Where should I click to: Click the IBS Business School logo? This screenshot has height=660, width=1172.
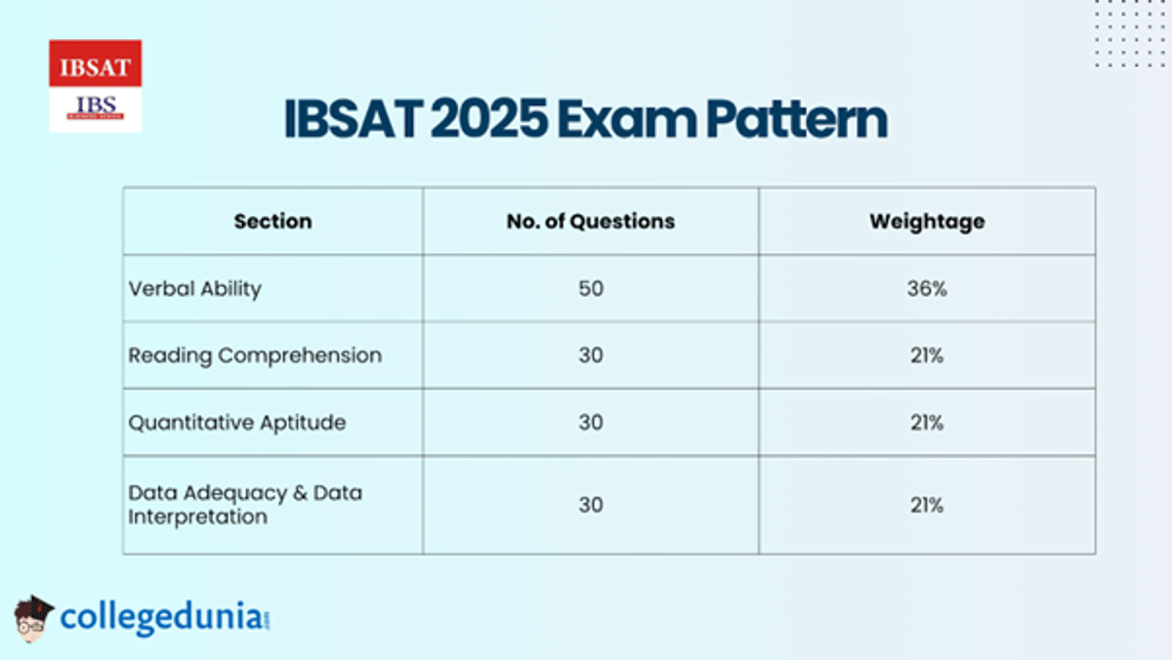point(95,108)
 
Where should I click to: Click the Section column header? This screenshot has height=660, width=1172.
point(272,222)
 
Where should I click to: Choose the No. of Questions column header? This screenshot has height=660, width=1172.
point(590,222)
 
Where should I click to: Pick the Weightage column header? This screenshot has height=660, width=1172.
point(926,222)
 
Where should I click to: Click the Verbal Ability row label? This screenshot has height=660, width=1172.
point(194,289)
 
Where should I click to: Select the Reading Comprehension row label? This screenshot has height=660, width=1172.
point(255,355)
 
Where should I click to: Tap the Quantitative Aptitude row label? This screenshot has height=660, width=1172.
point(236,423)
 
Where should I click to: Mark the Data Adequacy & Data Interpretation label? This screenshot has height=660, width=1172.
point(244,505)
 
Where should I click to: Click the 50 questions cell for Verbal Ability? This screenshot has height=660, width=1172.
point(590,289)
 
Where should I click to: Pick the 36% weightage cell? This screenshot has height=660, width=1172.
point(926,289)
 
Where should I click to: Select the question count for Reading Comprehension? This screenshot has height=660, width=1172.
point(590,355)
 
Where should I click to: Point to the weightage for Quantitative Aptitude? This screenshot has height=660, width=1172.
point(926,423)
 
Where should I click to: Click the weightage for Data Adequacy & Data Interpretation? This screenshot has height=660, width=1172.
point(926,505)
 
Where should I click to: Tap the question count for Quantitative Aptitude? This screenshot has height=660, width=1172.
point(590,423)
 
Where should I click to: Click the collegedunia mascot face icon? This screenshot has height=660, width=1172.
point(32,618)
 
